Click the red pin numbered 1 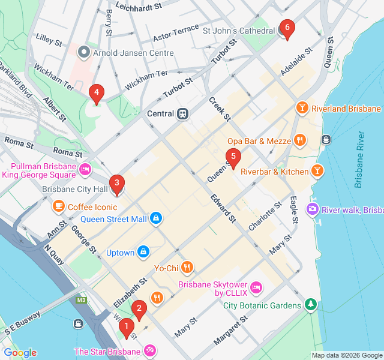[x=126, y=328]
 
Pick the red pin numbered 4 [x=95, y=93]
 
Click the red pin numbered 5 [x=233, y=157]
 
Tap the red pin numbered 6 [x=287, y=28]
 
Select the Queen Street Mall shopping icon [x=156, y=218]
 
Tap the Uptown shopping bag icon [x=143, y=252]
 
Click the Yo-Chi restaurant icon [x=187, y=268]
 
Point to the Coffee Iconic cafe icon [x=58, y=207]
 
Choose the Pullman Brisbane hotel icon [x=86, y=170]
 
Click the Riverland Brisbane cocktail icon [x=302, y=109]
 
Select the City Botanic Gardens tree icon [x=310, y=305]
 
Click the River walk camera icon [x=312, y=209]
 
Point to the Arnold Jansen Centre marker [x=84, y=53]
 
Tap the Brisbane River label [x=359, y=159]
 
